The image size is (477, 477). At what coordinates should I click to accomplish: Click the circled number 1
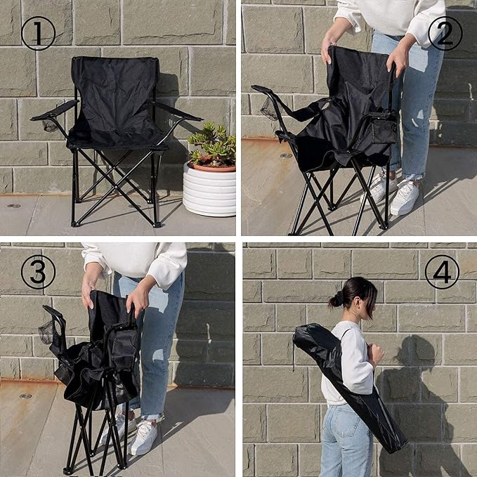pyautogui.click(x=38, y=34)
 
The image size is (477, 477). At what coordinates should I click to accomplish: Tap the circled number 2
pyautogui.click(x=445, y=34)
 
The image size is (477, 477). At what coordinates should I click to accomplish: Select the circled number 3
pyautogui.click(x=38, y=272)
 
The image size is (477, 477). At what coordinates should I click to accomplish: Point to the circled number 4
pyautogui.click(x=442, y=272)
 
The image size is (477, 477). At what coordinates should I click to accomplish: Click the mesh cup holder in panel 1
pyautogui.click(x=50, y=125)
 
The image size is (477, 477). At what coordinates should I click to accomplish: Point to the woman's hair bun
pyautogui.click(x=336, y=301)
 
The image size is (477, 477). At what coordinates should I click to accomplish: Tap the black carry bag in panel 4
pyautogui.click(x=350, y=386)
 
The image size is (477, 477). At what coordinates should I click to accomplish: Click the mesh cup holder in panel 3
pyautogui.click(x=46, y=332)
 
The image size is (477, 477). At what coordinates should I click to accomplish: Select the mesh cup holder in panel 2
pyautogui.click(x=269, y=109)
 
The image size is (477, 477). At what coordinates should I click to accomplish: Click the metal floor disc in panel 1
pyautogui.click(x=13, y=206)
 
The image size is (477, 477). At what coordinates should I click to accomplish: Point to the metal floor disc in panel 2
pyautogui.click(x=286, y=156)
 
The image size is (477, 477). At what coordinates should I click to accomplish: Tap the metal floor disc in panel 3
pyautogui.click(x=25, y=396)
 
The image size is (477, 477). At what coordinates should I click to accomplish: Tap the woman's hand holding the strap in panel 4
pyautogui.click(x=375, y=354)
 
